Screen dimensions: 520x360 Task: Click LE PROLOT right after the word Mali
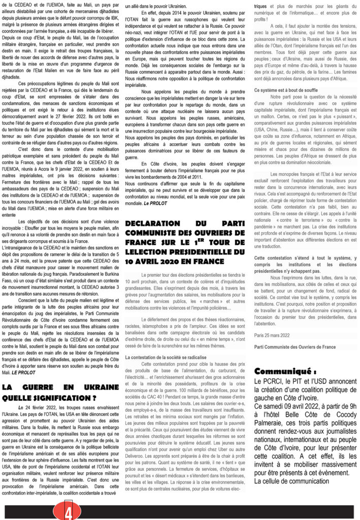click(x=23, y=358)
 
